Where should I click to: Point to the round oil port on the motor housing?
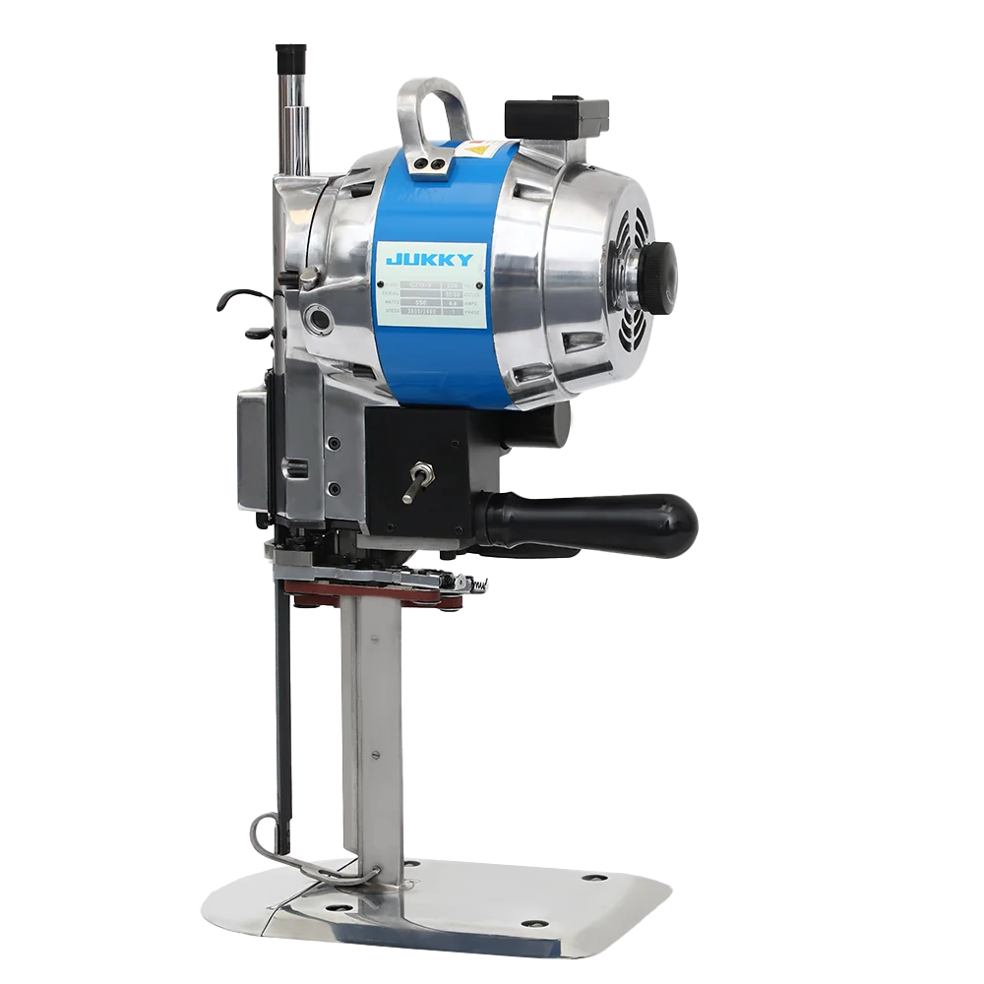point(320,317)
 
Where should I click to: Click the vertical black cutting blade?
point(283,708)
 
